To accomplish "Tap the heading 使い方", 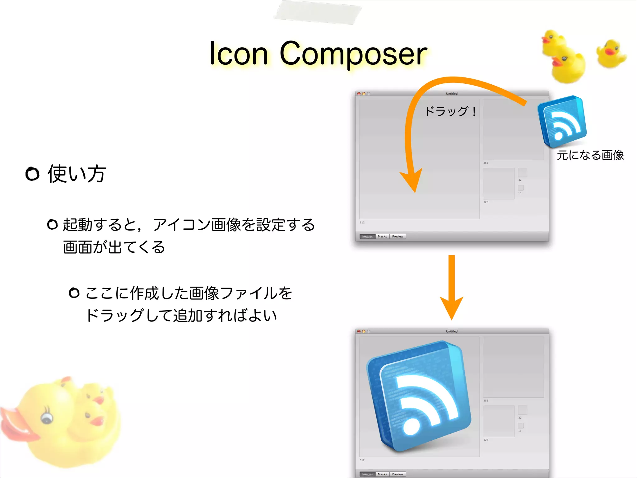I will pos(77,174).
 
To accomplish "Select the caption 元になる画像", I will pos(590,155).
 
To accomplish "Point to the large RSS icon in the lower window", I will pos(418,397).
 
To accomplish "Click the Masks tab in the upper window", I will pos(382,237).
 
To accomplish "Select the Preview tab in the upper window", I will pos(398,237).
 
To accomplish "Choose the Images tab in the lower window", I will pos(367,474).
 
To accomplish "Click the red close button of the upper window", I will pos(359,94).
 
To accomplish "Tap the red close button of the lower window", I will pos(359,331).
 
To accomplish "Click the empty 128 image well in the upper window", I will pos(498,184).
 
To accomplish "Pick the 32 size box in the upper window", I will pos(522,172).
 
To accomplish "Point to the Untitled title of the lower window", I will pos(452,331).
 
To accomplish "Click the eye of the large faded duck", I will pos(47,418).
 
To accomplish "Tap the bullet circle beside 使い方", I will pos(32,174).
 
